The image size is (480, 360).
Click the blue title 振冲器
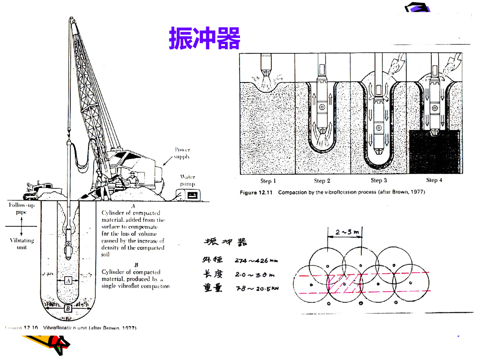(204, 38)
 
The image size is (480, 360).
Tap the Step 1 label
(268, 181)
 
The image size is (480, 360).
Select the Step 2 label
(322, 181)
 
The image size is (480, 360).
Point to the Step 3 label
(379, 180)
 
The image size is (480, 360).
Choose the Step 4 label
(434, 180)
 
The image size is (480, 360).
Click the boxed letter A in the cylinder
(68, 280)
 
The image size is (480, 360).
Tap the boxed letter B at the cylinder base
(67, 308)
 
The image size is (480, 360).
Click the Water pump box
(191, 194)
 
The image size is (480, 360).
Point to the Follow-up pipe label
(19, 209)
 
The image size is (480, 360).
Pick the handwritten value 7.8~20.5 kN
(257, 289)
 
